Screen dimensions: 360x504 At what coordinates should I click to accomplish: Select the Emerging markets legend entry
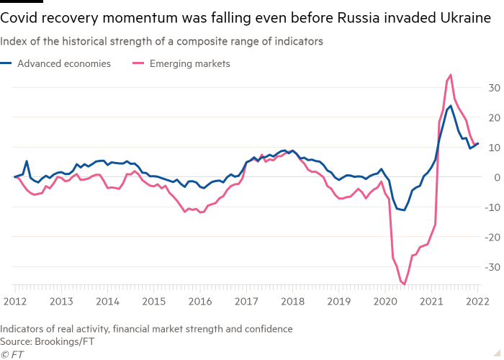coord(189,64)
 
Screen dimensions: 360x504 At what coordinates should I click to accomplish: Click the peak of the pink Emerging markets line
coord(451,74)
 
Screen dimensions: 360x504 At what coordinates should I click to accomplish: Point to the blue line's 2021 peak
coord(450,106)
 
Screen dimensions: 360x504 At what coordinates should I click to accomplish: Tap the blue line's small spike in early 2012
coord(27,161)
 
